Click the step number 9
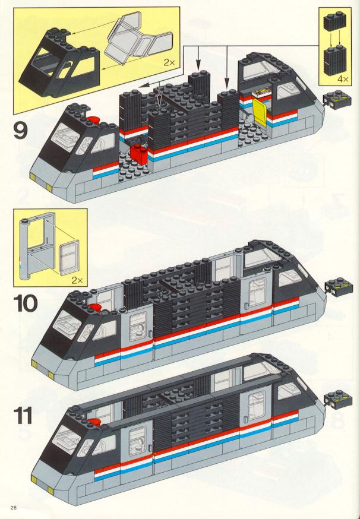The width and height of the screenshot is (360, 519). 20,130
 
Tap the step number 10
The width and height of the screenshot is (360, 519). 26,303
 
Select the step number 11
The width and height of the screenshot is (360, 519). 23,416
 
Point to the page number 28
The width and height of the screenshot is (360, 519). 14,507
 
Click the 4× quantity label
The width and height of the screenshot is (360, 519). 343,79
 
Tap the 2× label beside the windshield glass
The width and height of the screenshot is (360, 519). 169,62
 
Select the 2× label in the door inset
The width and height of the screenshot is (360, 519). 77,280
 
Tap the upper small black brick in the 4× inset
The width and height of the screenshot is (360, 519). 335,21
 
